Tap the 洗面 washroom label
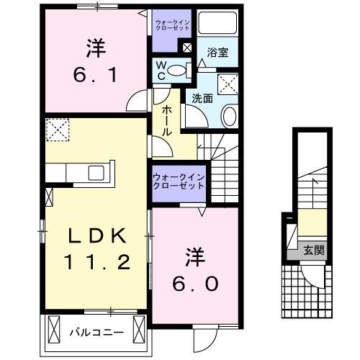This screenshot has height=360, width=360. [x=202, y=99]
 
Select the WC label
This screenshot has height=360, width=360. [x=163, y=70]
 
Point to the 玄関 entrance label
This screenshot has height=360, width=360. [x=313, y=251]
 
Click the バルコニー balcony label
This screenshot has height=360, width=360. [x=96, y=333]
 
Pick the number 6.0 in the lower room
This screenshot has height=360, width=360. [x=194, y=283]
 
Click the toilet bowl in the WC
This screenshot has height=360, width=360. [x=183, y=70]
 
